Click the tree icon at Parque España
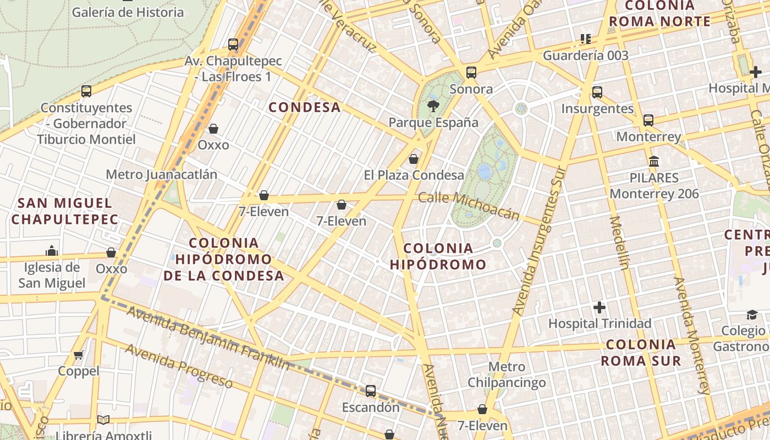coord(433,106)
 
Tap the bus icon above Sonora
coord(471,72)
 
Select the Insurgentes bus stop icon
coord(597,92)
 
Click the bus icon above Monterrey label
coord(648,120)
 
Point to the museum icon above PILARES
coord(654,161)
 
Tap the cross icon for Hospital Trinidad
coord(599,307)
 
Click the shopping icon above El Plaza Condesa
coord(414,159)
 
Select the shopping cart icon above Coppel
coord(79,355)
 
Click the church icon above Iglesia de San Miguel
coord(52,251)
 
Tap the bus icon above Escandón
coord(371,391)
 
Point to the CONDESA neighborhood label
coord(305,107)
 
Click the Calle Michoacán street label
coord(469,206)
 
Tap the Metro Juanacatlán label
coord(161,174)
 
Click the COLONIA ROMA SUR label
coord(641,353)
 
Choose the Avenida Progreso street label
coord(179,365)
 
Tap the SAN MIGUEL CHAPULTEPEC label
coord(64,211)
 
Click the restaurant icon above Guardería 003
coord(585,38)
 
